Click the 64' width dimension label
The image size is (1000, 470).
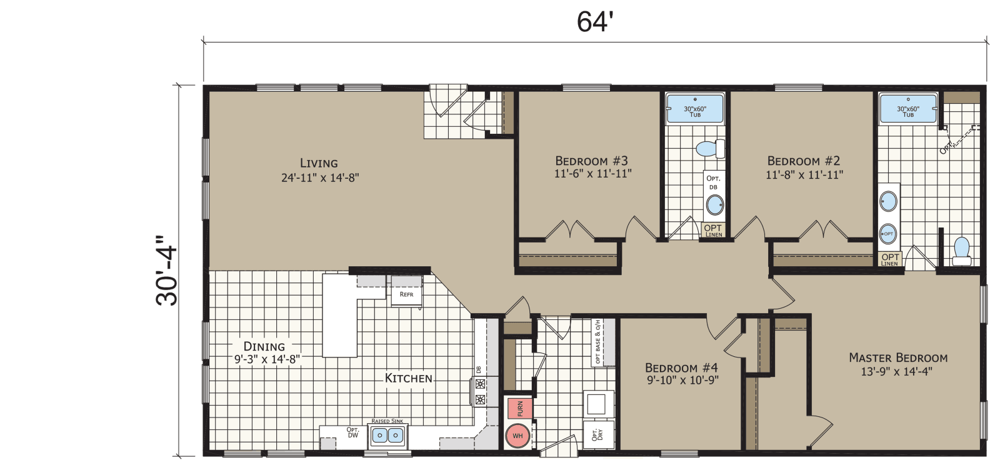592,22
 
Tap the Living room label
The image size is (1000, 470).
319,170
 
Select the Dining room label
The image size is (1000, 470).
264,352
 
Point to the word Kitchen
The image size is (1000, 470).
408,378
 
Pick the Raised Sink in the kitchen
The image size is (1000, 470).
387,434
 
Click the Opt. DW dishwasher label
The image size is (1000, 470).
353,432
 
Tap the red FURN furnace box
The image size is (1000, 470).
519,408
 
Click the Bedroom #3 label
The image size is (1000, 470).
592,167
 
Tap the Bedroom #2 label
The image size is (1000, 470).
804,167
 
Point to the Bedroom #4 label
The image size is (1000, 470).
681,373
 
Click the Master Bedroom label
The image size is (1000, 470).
898,364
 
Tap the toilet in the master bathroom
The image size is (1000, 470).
961,251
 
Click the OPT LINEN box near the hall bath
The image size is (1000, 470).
712,230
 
